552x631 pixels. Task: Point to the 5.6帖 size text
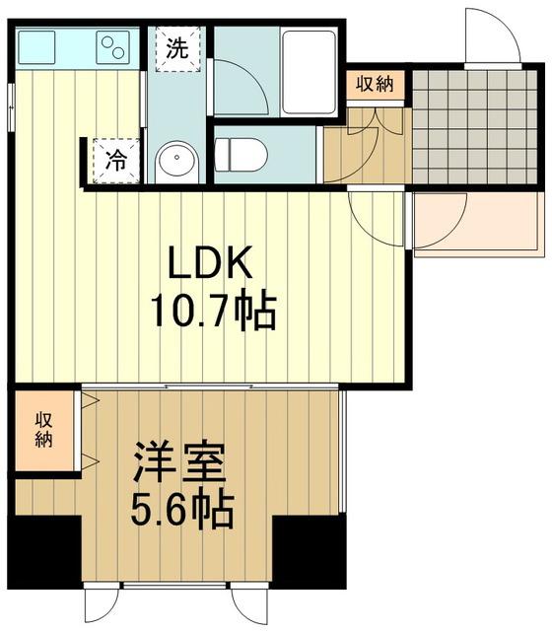(x=182, y=510)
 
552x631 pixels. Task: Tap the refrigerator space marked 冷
(x=114, y=161)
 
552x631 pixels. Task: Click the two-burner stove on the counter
(x=114, y=45)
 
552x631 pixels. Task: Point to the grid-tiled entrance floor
(x=476, y=126)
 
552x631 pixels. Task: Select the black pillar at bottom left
(x=44, y=552)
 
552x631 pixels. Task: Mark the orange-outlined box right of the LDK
(x=479, y=224)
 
